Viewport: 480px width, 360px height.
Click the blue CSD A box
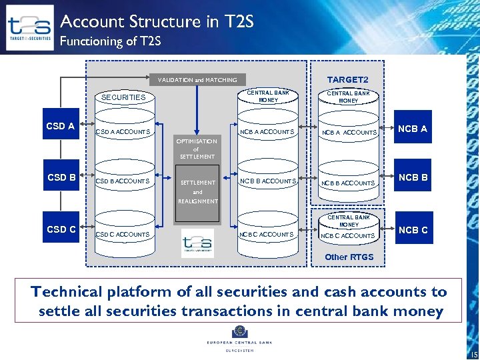tap(61, 126)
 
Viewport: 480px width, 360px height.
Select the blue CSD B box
tap(61, 177)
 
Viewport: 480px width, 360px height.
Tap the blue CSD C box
tap(61, 229)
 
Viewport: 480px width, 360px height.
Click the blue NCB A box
tap(413, 129)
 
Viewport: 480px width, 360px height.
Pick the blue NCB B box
tap(413, 178)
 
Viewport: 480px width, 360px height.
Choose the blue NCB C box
tap(413, 230)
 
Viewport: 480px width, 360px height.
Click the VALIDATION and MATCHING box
tap(197, 80)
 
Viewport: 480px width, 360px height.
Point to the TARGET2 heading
tap(348, 80)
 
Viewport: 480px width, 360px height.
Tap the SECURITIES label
tap(123, 97)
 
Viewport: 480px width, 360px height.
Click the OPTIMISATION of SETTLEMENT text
tap(197, 149)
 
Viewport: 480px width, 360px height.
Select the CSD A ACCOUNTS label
tap(123, 132)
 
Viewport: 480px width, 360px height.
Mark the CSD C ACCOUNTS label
tap(123, 234)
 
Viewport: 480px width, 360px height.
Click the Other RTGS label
tap(349, 257)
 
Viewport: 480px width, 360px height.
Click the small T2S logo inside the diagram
tap(197, 243)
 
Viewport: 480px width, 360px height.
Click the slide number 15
tap(473, 353)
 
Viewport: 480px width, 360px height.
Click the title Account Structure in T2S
tap(157, 21)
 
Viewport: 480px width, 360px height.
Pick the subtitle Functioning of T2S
tap(110, 41)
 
